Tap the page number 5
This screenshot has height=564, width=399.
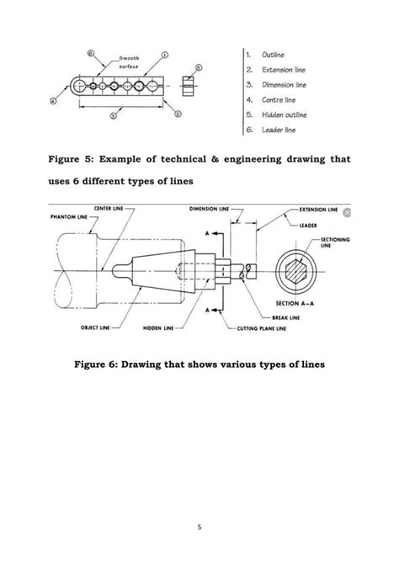click(x=200, y=529)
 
